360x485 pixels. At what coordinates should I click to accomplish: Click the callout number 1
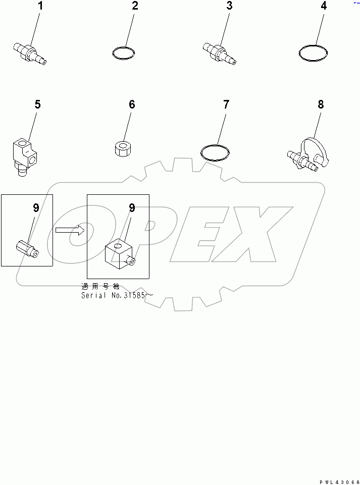40,6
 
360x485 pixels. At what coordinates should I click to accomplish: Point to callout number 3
229,6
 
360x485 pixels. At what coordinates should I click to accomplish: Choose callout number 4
324,6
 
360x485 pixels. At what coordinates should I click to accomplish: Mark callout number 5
37,104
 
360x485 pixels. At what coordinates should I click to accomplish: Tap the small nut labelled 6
123,149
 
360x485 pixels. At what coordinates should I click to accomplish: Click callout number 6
132,104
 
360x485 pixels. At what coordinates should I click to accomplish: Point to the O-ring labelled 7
201,152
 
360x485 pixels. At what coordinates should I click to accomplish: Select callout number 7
226,104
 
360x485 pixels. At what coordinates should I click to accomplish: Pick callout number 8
321,104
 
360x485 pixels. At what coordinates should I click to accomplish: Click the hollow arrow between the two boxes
70,230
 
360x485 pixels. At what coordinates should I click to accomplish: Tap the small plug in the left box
27,249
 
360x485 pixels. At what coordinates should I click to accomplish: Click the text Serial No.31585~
117,296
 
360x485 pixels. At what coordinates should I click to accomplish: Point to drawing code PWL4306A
339,482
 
